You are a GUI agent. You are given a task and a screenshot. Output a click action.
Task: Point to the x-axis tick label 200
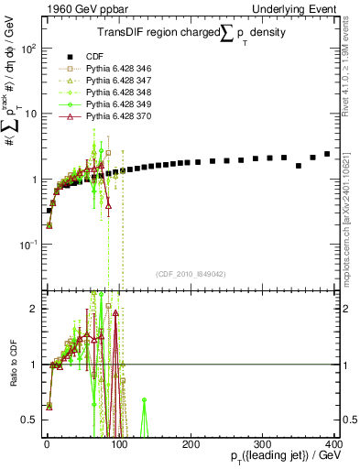pyautogui.click(x=191, y=443)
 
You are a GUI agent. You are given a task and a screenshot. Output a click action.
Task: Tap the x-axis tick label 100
pyautogui.click(x=118, y=443)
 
